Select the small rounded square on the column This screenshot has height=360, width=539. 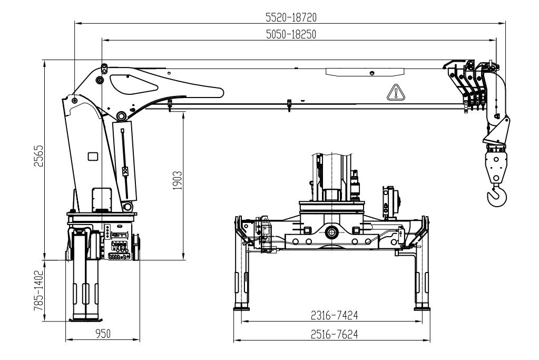(93, 156)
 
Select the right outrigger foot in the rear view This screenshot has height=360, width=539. (423, 307)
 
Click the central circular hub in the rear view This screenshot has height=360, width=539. (332, 231)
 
